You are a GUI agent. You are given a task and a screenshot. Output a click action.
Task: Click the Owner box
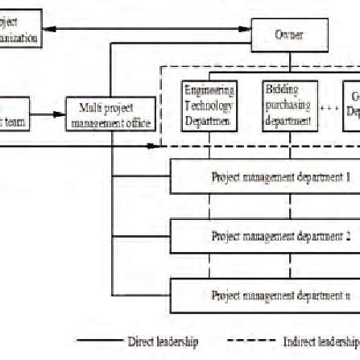(289, 35)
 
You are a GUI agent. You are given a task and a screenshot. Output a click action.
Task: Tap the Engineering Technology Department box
(209, 105)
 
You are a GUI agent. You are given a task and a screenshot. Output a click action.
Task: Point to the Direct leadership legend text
(162, 341)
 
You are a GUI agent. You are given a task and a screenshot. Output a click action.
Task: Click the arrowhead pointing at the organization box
(44, 32)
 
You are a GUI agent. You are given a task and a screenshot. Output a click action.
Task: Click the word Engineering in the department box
(209, 91)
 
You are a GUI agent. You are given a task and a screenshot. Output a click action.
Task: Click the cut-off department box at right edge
(351, 105)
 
